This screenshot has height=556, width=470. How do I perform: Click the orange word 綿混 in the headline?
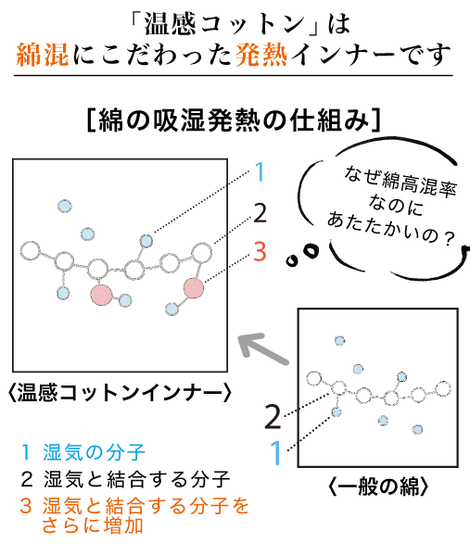(x=43, y=55)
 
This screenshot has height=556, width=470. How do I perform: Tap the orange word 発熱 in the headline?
(x=261, y=55)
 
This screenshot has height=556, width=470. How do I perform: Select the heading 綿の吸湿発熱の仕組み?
(x=235, y=120)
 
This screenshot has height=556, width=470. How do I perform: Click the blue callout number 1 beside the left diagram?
(x=260, y=172)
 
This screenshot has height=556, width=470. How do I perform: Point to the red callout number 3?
(x=260, y=251)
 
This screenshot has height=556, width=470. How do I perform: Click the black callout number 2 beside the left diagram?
(x=260, y=213)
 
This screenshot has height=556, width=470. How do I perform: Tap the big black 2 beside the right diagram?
(x=273, y=417)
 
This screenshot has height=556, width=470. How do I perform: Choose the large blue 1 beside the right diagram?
(x=276, y=452)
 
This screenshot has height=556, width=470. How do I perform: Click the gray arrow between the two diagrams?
(x=263, y=349)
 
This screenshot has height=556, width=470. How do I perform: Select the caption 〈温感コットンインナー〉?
(x=120, y=393)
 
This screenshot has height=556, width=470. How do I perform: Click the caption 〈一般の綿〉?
(x=378, y=486)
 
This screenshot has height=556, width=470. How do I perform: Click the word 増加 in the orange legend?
(x=123, y=525)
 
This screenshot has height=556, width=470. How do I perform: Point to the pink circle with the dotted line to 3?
(x=194, y=288)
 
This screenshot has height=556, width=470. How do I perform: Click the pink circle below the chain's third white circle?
(x=101, y=295)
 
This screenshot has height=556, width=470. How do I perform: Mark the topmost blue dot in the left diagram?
(x=65, y=206)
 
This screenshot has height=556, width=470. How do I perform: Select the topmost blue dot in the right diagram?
(x=339, y=341)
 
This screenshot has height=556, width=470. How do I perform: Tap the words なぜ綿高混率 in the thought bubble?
(x=400, y=182)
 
